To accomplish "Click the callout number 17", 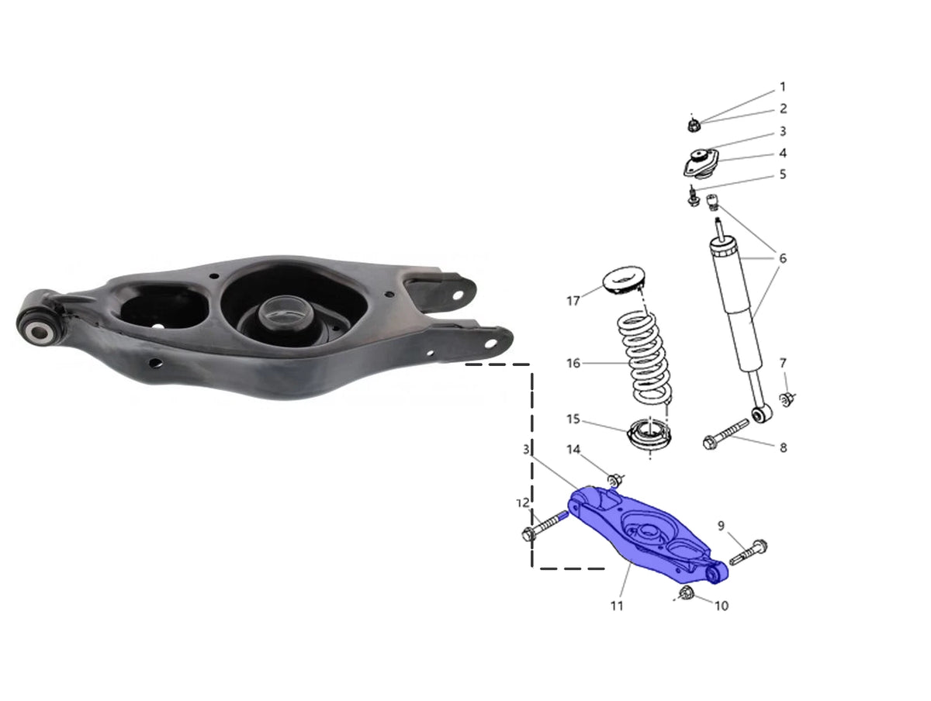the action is point(573,301).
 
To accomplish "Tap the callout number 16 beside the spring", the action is point(573,363).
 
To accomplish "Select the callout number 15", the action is point(573,419).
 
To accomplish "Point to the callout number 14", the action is point(573,449).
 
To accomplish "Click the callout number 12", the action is point(523,503).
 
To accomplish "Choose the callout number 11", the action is point(617,606).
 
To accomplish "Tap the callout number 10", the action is point(722,606).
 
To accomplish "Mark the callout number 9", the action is point(721,526).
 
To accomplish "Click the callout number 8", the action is point(783,447).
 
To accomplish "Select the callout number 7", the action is point(783,363).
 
